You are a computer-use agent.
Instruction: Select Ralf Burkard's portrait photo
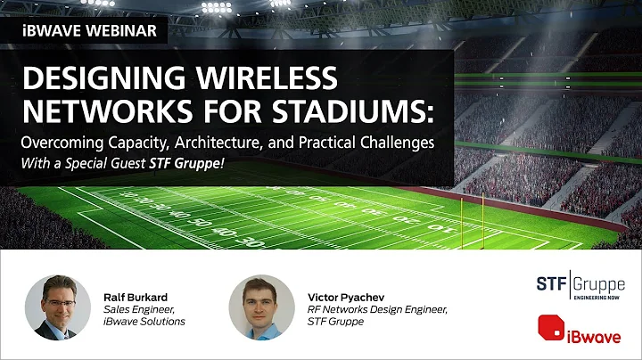coord(56,306)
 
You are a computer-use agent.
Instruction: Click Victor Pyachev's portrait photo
coord(260,306)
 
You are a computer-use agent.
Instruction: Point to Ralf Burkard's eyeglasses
coord(56,297)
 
